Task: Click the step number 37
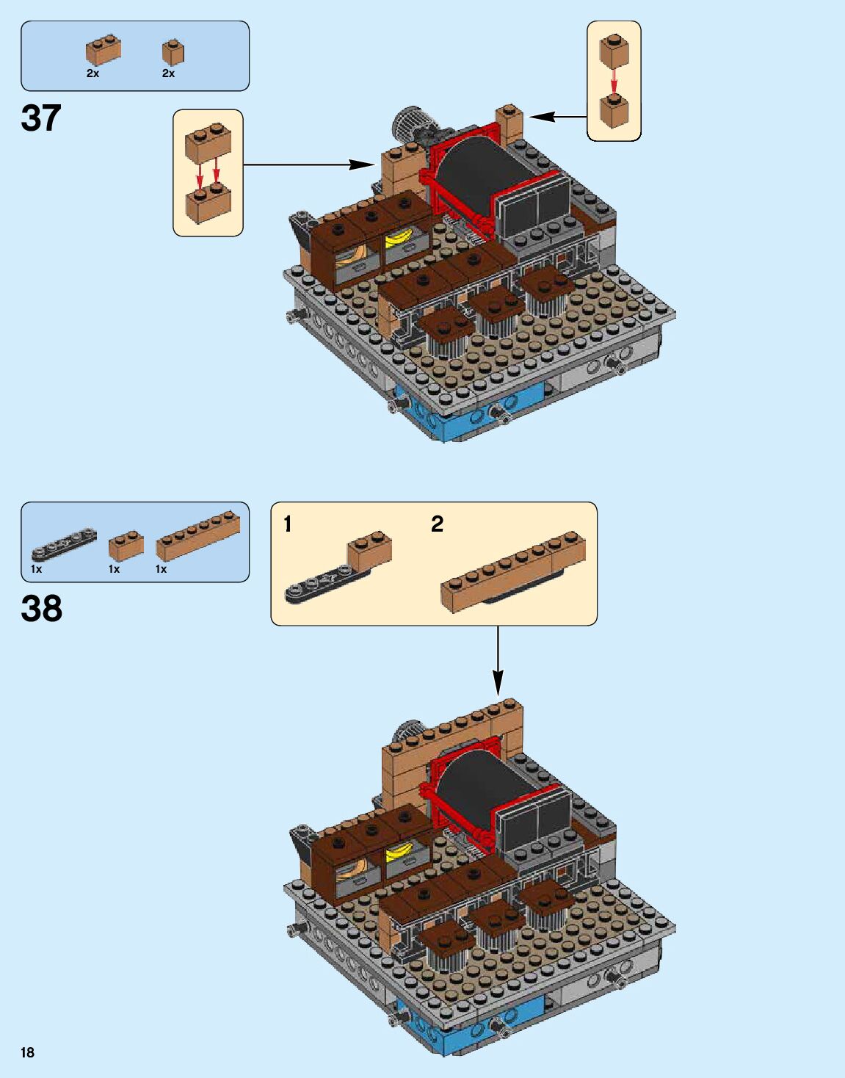(x=41, y=118)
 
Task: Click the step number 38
(x=42, y=609)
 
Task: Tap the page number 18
(x=28, y=1052)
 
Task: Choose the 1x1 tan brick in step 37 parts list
(x=173, y=52)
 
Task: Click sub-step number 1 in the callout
(x=288, y=524)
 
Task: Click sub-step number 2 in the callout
(x=437, y=524)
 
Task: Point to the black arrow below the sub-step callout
(x=498, y=661)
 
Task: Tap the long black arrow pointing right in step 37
(x=308, y=164)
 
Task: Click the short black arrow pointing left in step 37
(x=557, y=116)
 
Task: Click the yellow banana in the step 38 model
(x=399, y=851)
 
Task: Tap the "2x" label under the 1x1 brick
(x=168, y=73)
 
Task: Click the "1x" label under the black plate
(x=37, y=569)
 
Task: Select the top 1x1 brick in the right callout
(x=614, y=51)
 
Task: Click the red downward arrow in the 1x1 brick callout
(x=614, y=82)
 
